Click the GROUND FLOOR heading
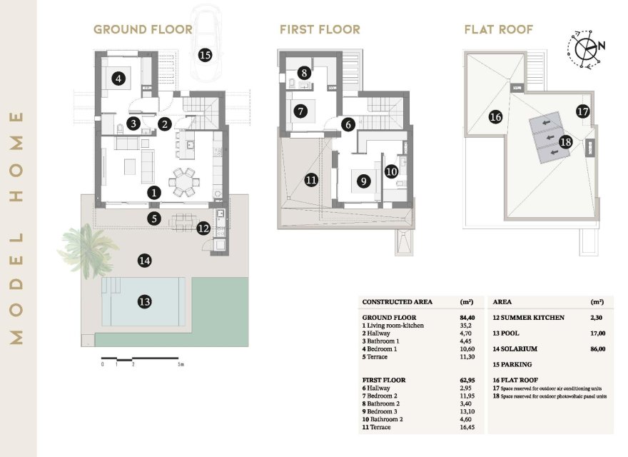143,30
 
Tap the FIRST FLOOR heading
320,30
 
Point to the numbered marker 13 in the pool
145,302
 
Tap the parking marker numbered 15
206,54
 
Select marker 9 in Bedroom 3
363,181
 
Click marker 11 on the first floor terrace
310,180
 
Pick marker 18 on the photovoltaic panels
566,142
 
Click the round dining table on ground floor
185,181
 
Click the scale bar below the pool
142,358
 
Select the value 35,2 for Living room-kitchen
455,326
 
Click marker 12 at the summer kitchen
203,228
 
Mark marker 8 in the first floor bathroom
305,73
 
